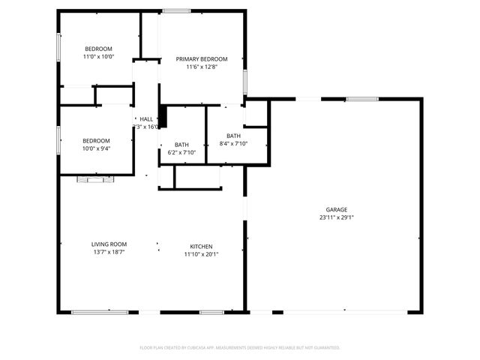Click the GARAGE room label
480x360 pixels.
336,209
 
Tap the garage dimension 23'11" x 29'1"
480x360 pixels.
336,218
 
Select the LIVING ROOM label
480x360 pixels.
109,244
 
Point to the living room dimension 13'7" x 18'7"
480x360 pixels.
109,253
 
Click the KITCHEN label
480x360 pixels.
201,246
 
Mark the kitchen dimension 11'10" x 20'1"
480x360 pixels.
201,254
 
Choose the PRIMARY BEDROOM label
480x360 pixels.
201,58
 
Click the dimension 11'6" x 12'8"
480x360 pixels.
201,67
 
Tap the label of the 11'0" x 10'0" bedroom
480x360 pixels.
97,49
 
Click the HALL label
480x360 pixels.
145,119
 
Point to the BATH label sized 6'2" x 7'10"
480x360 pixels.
181,145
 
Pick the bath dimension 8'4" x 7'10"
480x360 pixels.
233,144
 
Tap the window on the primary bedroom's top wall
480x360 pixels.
177,10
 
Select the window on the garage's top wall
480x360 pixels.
361,98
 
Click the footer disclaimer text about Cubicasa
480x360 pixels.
240,348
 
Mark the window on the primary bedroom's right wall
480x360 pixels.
244,80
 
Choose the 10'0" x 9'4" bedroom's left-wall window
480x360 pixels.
59,139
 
